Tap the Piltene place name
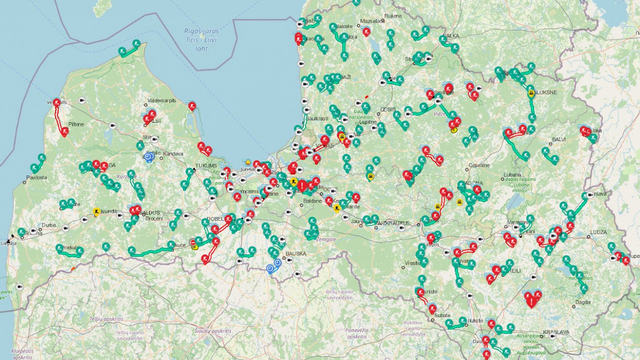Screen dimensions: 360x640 [76, 123]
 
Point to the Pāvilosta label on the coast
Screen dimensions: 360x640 [37, 178]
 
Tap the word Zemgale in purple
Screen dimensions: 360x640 [326, 240]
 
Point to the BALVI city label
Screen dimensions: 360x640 [559, 139]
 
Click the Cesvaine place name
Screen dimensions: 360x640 [478, 165]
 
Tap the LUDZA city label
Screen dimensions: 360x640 [598, 233]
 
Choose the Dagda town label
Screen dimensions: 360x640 [583, 302]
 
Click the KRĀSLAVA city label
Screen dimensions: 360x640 [556, 332]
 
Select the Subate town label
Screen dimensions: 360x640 [443, 315]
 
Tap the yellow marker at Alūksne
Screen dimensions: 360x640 [531, 94]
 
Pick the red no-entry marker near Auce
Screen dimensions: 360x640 [194, 243]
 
